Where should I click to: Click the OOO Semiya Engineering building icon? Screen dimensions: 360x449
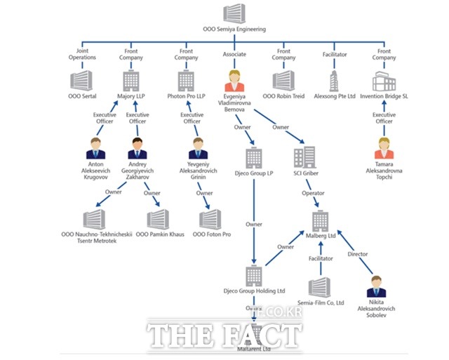(233, 15)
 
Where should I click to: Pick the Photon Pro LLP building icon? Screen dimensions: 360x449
(187, 79)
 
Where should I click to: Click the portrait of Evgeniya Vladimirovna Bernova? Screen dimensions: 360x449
(234, 79)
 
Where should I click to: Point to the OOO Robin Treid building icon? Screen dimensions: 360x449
(283, 79)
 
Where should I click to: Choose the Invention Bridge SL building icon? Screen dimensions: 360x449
(383, 79)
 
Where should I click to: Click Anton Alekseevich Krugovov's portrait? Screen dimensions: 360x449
(95, 149)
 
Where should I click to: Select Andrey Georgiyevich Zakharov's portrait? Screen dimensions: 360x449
(138, 149)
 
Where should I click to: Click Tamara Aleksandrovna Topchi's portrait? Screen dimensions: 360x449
(384, 149)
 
